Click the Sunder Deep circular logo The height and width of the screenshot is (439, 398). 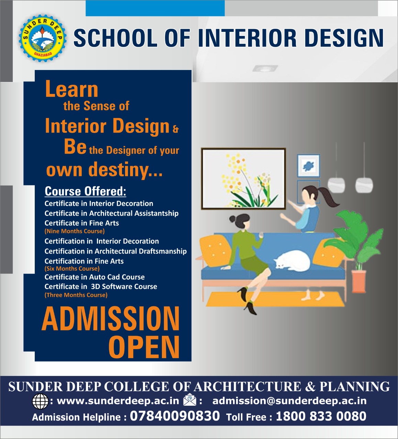click(x=42, y=39)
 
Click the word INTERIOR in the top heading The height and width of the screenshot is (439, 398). click(x=247, y=38)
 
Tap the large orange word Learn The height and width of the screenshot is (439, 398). click(x=71, y=89)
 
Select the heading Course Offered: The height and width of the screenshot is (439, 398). click(x=85, y=191)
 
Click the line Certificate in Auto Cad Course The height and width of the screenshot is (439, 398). click(x=95, y=277)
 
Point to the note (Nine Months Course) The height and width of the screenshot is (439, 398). click(x=75, y=231)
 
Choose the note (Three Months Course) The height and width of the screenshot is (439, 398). click(x=76, y=295)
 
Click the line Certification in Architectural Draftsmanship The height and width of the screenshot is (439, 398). click(x=115, y=251)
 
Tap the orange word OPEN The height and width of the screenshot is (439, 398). click(x=144, y=347)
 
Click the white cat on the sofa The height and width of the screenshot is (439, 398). click(x=292, y=260)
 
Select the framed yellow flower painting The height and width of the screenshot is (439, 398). click(x=243, y=178)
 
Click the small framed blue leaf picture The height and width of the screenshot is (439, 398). click(x=308, y=166)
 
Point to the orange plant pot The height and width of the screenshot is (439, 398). click(x=359, y=281)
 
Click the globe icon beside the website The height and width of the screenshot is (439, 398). click(x=40, y=401)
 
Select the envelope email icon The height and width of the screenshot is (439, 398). click(x=190, y=401)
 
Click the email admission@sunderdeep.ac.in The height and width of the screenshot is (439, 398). click(x=289, y=401)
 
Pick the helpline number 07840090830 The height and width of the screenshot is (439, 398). click(x=175, y=416)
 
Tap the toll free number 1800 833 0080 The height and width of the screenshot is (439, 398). click(x=321, y=416)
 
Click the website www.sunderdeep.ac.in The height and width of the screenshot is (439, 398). click(x=118, y=401)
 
